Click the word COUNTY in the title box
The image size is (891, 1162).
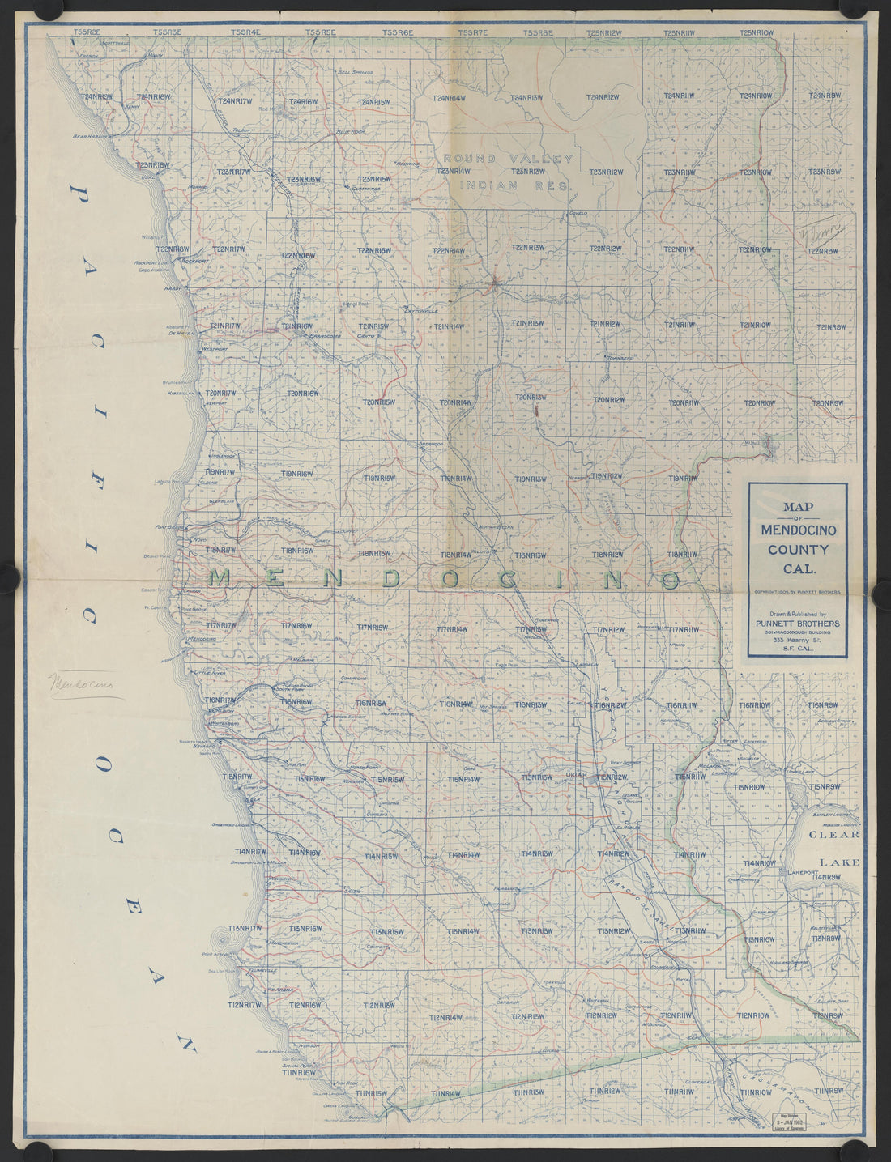click(x=798, y=550)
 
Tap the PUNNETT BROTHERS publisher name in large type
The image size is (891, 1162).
click(x=798, y=624)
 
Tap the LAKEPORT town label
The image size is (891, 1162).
click(x=805, y=873)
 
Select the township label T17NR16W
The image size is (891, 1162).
click(x=296, y=626)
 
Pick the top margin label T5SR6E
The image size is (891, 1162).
click(x=397, y=32)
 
